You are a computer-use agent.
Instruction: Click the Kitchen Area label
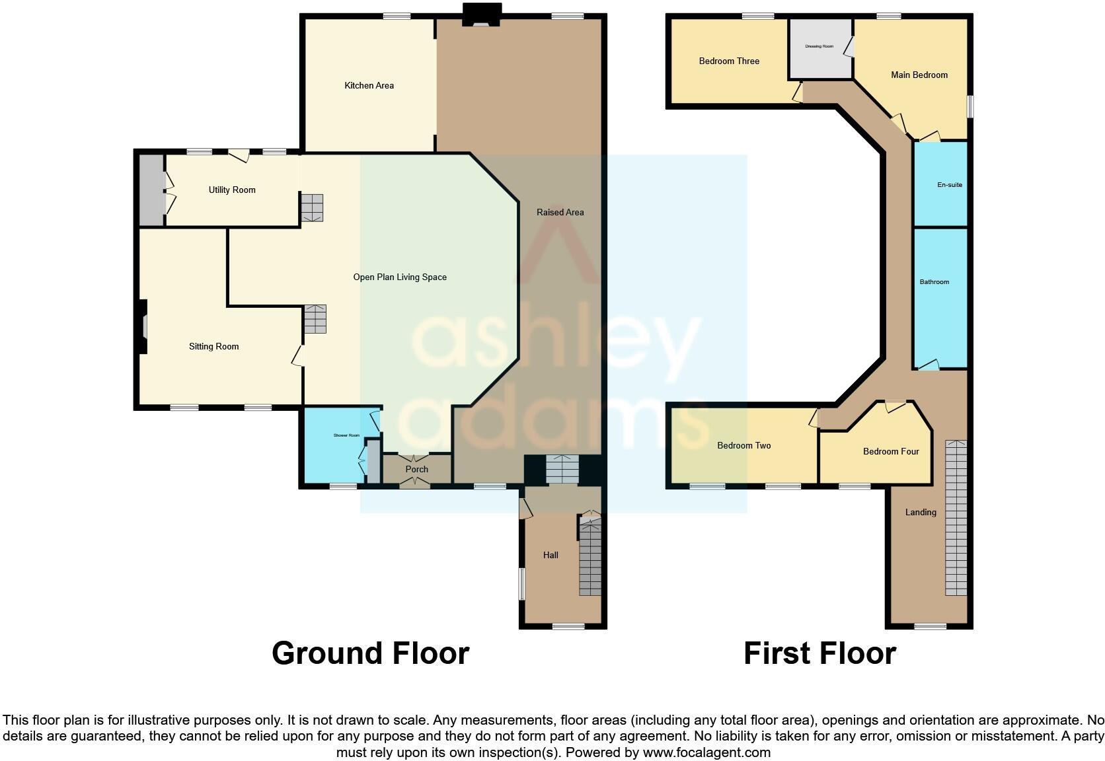click(369, 85)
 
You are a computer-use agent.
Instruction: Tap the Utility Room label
click(232, 190)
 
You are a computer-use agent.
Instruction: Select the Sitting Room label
click(213, 346)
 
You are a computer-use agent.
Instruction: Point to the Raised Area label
click(560, 212)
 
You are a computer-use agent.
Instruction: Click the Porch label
click(416, 469)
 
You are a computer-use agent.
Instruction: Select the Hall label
click(551, 555)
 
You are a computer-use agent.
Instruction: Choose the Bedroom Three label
click(729, 61)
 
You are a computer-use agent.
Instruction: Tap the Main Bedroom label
click(919, 75)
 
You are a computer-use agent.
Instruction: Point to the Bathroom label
click(934, 282)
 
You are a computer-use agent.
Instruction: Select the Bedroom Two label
click(744, 445)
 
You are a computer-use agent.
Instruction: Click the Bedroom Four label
click(891, 451)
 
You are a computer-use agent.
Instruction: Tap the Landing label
click(921, 512)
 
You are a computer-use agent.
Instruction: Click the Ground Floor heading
click(370, 653)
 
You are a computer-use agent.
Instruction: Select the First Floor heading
click(819, 653)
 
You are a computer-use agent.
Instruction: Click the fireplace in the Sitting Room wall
click(142, 328)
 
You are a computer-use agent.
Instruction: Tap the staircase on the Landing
click(956, 519)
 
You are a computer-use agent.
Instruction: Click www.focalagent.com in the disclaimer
click(706, 752)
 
